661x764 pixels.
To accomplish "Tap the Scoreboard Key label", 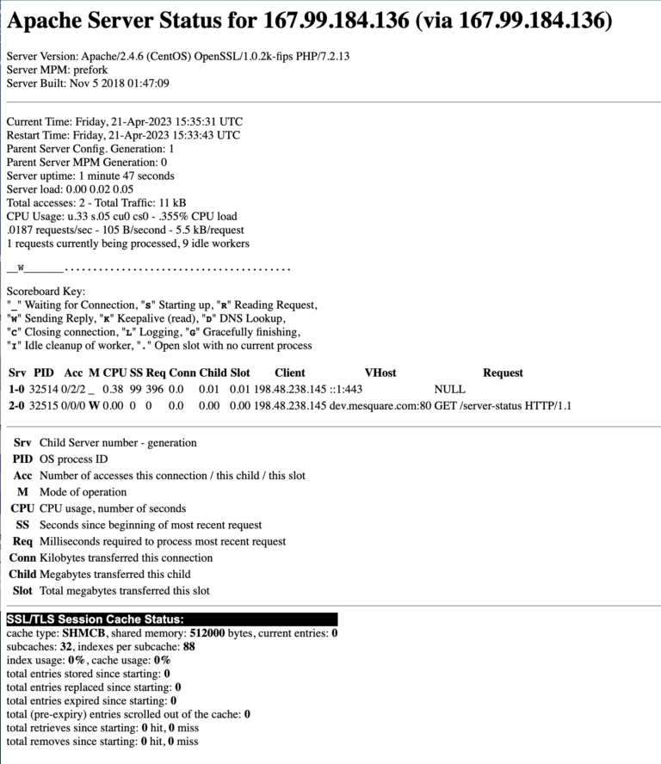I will click(x=46, y=292).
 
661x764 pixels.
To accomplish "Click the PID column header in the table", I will click(x=43, y=373).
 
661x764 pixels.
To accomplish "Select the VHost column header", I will click(x=380, y=373).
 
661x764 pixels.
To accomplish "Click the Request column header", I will click(x=503, y=373).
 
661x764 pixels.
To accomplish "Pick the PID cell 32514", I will click(x=44, y=390).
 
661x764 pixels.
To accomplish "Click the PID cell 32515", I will click(x=44, y=405).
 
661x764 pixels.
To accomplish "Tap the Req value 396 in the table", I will click(x=155, y=390).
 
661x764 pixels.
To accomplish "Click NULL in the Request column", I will click(x=450, y=390).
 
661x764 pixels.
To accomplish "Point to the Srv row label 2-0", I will click(x=16, y=405).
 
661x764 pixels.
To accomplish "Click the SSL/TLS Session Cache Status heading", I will click(x=95, y=619).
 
